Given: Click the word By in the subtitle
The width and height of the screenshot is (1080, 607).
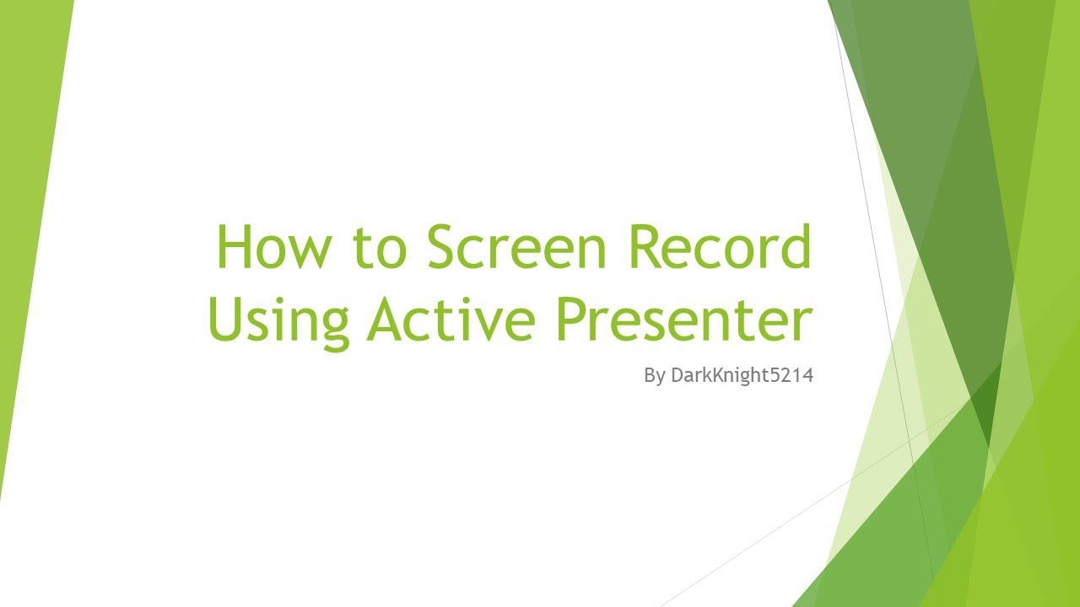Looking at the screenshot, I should point(654,376).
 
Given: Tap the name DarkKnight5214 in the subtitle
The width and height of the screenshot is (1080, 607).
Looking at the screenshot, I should point(742,376).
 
